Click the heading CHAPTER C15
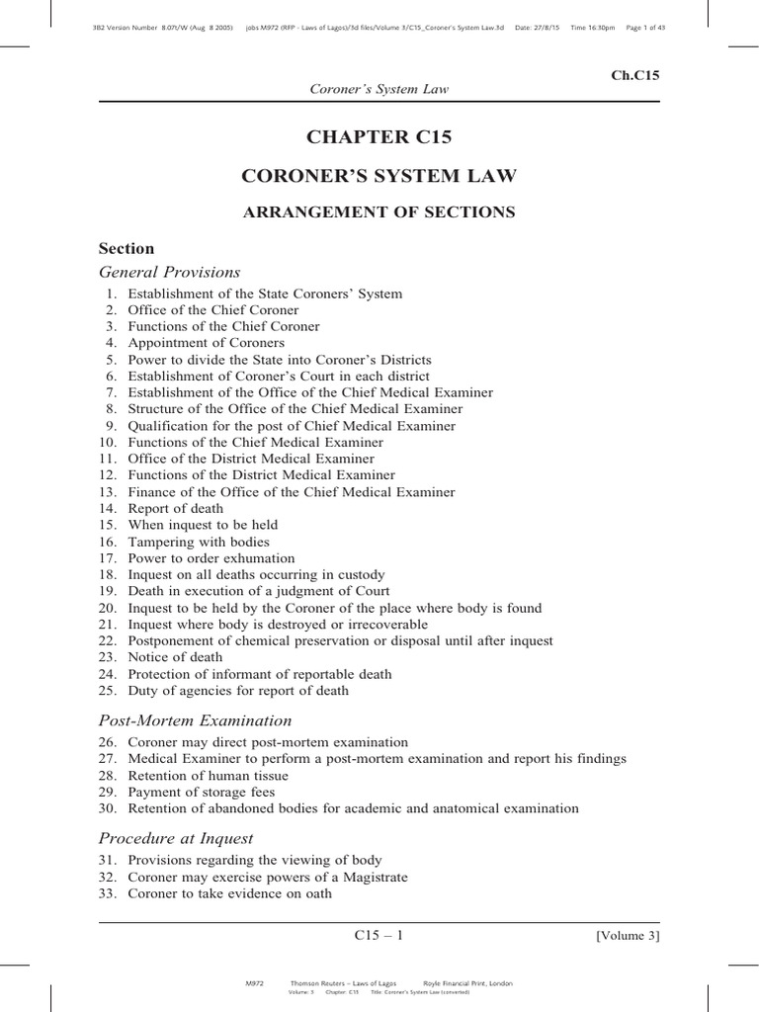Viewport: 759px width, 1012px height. (x=379, y=137)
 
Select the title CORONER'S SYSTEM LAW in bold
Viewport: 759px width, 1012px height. (x=379, y=176)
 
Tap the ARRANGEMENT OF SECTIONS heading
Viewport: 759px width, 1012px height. (x=379, y=211)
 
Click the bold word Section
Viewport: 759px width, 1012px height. (x=126, y=248)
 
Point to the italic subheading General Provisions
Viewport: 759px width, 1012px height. (x=169, y=272)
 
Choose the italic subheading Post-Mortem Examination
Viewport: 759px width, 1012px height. (x=195, y=720)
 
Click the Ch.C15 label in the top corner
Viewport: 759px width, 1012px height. (x=636, y=75)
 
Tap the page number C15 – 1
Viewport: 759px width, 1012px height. (x=379, y=935)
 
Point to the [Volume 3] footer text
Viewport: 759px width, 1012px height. (x=628, y=935)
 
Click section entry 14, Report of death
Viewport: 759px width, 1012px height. (x=175, y=508)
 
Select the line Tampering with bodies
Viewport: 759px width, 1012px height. (x=198, y=542)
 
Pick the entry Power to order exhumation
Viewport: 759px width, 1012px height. (x=211, y=558)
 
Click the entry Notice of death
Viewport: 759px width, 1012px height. (x=175, y=657)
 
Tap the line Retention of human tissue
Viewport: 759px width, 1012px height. (x=202, y=775)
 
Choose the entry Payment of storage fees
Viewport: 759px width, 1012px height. (x=201, y=792)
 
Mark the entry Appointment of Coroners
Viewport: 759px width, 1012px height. (x=206, y=343)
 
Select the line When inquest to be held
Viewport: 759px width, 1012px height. (x=203, y=525)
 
